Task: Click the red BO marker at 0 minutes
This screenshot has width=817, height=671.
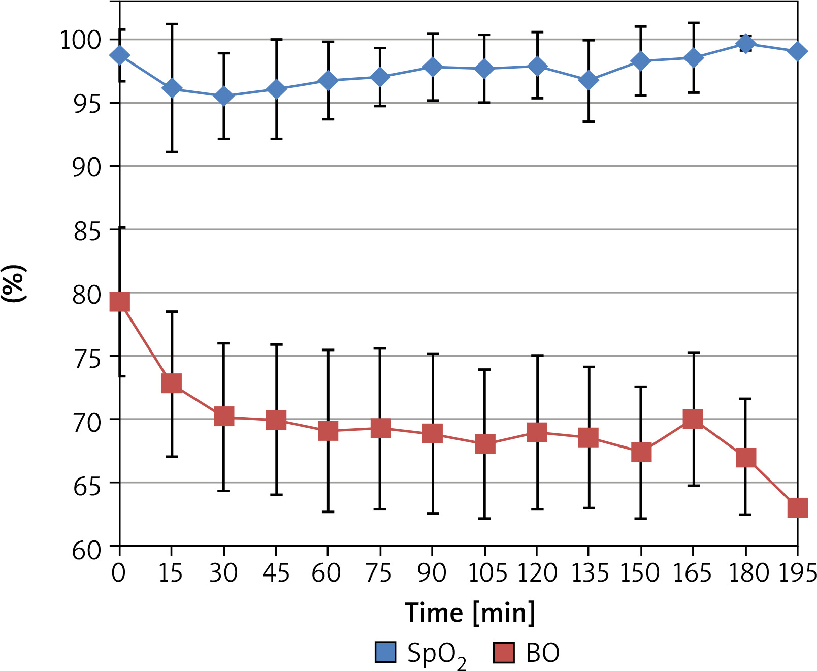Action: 120,302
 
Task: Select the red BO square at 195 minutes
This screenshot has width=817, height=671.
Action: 797,507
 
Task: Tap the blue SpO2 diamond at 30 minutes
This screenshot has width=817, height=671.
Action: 224,95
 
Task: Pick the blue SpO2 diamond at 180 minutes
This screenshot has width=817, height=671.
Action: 745,44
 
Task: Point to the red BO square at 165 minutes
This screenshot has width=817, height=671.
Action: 693,419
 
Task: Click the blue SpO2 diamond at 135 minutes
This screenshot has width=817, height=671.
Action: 589,80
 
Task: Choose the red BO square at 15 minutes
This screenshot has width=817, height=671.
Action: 172,383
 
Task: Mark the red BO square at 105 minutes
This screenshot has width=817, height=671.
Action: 485,444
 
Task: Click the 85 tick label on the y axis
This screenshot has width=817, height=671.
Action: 87,231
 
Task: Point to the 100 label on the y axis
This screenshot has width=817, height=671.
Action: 81,40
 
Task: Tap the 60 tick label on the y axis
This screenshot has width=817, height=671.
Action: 87,550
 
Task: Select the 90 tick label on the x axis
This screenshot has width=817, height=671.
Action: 432,572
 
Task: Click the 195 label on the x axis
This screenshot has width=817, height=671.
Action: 797,572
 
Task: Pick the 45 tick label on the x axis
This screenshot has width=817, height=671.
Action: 276,572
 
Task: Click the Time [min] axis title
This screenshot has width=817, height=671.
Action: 470,612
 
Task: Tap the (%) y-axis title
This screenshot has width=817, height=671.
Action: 14,283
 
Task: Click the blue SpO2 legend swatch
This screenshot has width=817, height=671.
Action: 385,653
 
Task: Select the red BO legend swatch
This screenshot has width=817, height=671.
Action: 504,653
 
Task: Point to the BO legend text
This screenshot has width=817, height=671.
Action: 542,653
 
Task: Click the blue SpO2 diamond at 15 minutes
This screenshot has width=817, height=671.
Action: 172,88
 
